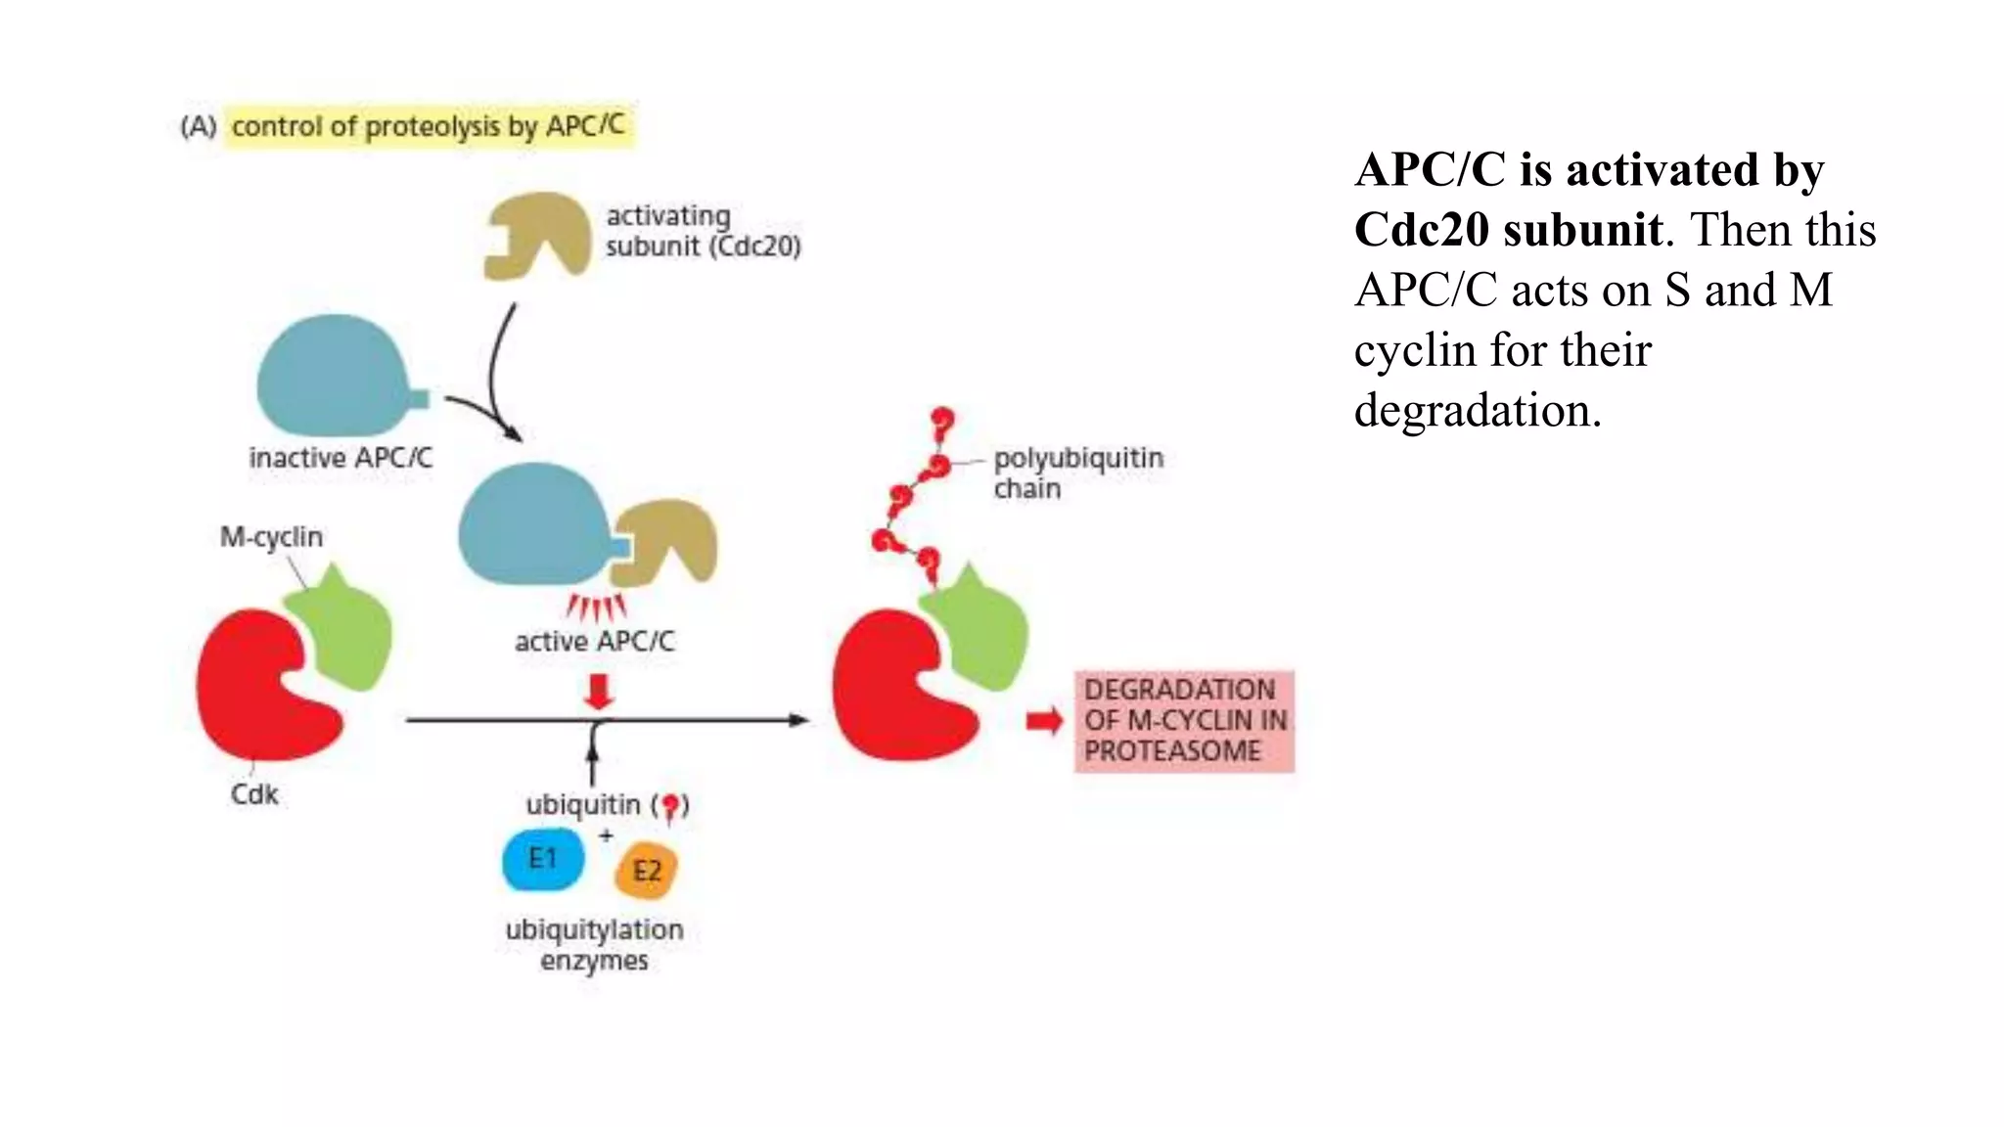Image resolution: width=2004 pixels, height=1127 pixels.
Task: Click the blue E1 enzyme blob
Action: coord(543,860)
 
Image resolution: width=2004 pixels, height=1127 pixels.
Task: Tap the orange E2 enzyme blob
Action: coord(646,870)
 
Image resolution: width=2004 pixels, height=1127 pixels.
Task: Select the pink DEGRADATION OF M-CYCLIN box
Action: coord(1184,721)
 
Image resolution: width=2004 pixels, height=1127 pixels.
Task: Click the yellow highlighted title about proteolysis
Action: coord(429,126)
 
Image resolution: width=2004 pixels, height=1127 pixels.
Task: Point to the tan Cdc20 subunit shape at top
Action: coord(537,235)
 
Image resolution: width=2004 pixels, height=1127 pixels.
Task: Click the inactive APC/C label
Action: coord(340,458)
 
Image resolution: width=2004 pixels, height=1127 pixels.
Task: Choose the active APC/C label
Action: coord(594,642)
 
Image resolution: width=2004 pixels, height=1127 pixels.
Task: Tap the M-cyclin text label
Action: coord(271,537)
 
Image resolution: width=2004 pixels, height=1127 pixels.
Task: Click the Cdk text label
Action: coord(254,793)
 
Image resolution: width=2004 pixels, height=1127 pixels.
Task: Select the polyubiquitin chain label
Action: coord(1076,473)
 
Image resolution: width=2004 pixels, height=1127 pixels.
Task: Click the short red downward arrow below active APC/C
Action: coord(598,691)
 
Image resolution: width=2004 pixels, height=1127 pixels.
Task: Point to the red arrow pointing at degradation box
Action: coord(1044,722)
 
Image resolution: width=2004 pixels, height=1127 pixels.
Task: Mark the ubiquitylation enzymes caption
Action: coord(594,944)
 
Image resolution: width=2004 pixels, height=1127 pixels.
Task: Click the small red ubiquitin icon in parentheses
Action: coord(670,806)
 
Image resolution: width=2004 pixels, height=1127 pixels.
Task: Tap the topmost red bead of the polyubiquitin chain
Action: coord(942,425)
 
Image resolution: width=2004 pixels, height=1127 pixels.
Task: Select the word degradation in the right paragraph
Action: coord(1476,411)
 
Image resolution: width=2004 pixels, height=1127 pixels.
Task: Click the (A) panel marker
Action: coord(199,127)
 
